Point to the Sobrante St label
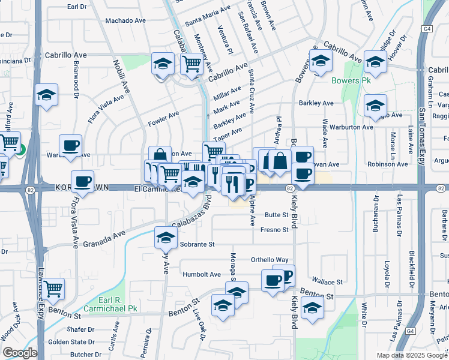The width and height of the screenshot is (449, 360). pos(196,244)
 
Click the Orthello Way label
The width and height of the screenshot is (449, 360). pos(270,260)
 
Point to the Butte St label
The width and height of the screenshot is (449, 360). pos(277,214)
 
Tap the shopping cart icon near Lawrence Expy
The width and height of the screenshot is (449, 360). pos(53,289)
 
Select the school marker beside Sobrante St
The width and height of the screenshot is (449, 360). pos(165,238)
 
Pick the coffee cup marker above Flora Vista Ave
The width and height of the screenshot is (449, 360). pos(82,181)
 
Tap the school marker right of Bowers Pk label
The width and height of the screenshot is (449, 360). pos(375,61)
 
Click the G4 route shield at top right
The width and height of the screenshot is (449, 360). pos(427,28)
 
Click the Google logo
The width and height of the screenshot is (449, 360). pos(20,353)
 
